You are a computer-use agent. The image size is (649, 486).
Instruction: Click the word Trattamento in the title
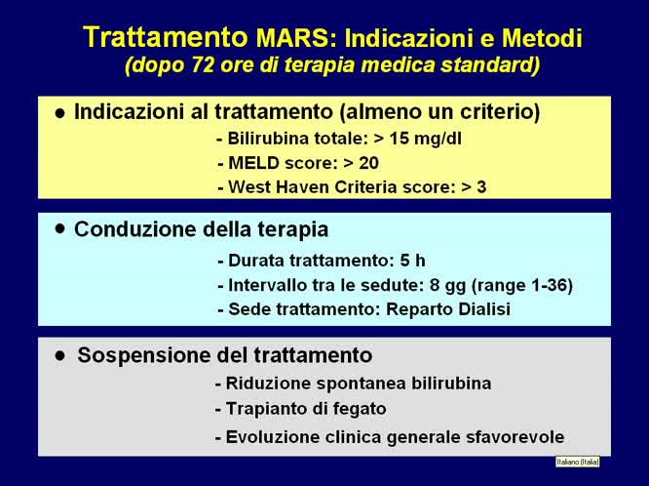164,37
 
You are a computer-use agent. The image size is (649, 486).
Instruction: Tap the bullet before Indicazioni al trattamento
60,113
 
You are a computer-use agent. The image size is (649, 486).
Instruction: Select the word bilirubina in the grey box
447,384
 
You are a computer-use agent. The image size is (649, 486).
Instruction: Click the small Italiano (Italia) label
577,462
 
